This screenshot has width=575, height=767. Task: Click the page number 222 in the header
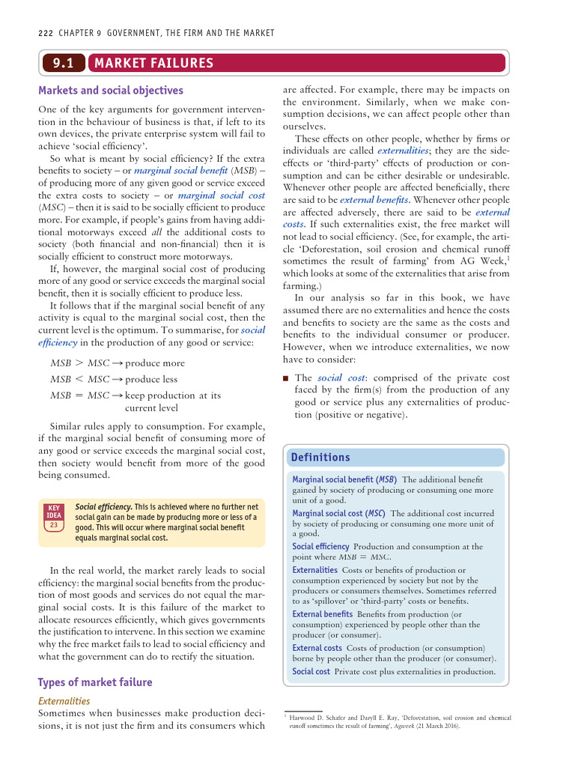point(46,34)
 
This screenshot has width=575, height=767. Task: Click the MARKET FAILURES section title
point(153,64)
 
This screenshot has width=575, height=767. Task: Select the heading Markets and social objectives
point(110,91)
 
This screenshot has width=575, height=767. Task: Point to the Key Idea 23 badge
point(54,516)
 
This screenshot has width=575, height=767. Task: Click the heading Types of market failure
point(94,682)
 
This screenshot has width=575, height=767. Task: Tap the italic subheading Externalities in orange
point(64,701)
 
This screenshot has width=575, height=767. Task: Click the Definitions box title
point(320,458)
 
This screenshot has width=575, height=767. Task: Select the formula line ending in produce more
point(118,363)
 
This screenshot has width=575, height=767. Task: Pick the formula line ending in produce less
point(114,379)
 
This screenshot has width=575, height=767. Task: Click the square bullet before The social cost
point(285,379)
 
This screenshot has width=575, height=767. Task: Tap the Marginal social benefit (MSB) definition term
point(344,479)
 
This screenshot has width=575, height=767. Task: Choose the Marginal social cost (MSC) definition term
point(339,513)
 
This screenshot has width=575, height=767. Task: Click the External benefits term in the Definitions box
point(322,614)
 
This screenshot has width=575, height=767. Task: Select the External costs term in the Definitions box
point(317,647)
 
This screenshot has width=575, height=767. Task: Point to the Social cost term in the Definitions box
point(311,671)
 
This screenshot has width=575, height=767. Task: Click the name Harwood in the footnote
point(305,718)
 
